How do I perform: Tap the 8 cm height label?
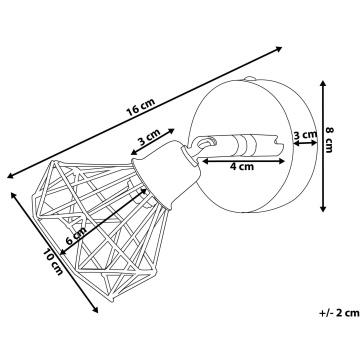[329, 140]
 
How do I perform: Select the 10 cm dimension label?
[53, 262]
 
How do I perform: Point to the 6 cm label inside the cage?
[76, 236]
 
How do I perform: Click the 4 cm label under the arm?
[242, 166]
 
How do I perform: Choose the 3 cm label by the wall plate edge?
[305, 135]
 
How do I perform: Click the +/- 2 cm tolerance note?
[339, 313]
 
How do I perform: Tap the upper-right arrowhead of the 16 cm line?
[279, 49]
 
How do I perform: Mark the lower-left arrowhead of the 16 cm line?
[10, 176]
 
